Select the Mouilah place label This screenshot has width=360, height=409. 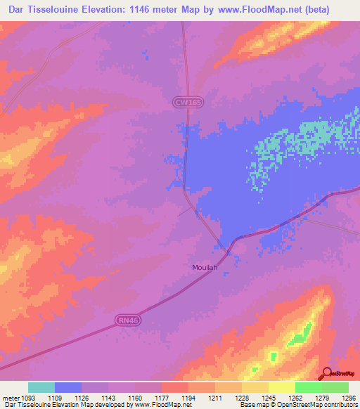205,267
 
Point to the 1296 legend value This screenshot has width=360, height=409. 348,397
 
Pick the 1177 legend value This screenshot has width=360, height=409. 161,397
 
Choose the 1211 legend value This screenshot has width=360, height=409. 214,397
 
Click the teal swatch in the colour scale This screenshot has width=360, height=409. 41,387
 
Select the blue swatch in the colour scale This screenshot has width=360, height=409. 68,387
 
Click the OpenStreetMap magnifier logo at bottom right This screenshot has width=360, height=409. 328,374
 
